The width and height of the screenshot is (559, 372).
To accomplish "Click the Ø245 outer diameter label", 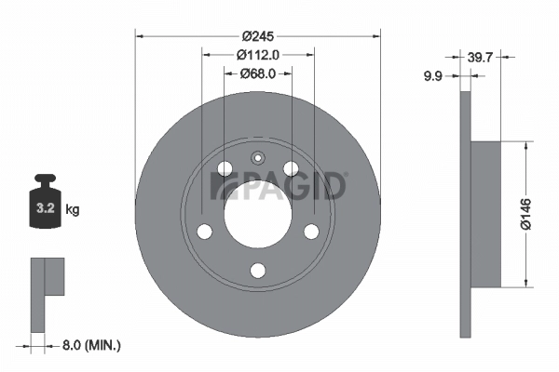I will [x=257, y=36].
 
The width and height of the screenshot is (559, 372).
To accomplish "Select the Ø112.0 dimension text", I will [x=257, y=55].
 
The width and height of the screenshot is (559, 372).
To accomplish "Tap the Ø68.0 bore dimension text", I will [x=257, y=73].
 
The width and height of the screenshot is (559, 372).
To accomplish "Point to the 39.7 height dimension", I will [x=480, y=58].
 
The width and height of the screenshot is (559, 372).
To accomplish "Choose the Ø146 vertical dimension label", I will [x=525, y=214].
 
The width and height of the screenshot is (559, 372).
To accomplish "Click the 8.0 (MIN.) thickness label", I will [x=90, y=346].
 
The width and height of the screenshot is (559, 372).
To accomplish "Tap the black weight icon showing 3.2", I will [x=44, y=201].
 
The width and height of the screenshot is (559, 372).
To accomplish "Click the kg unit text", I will [x=73, y=210].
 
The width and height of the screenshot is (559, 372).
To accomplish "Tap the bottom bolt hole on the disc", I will [x=258, y=271].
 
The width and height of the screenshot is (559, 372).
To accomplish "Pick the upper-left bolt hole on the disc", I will [x=224, y=168].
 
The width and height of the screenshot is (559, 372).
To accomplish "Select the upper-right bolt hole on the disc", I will [x=292, y=168].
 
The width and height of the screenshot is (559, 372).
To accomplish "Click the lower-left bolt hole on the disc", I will [x=204, y=232].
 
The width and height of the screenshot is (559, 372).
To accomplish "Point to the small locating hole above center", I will [x=258, y=156].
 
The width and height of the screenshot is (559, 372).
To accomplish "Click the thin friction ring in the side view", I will [x=466, y=214].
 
